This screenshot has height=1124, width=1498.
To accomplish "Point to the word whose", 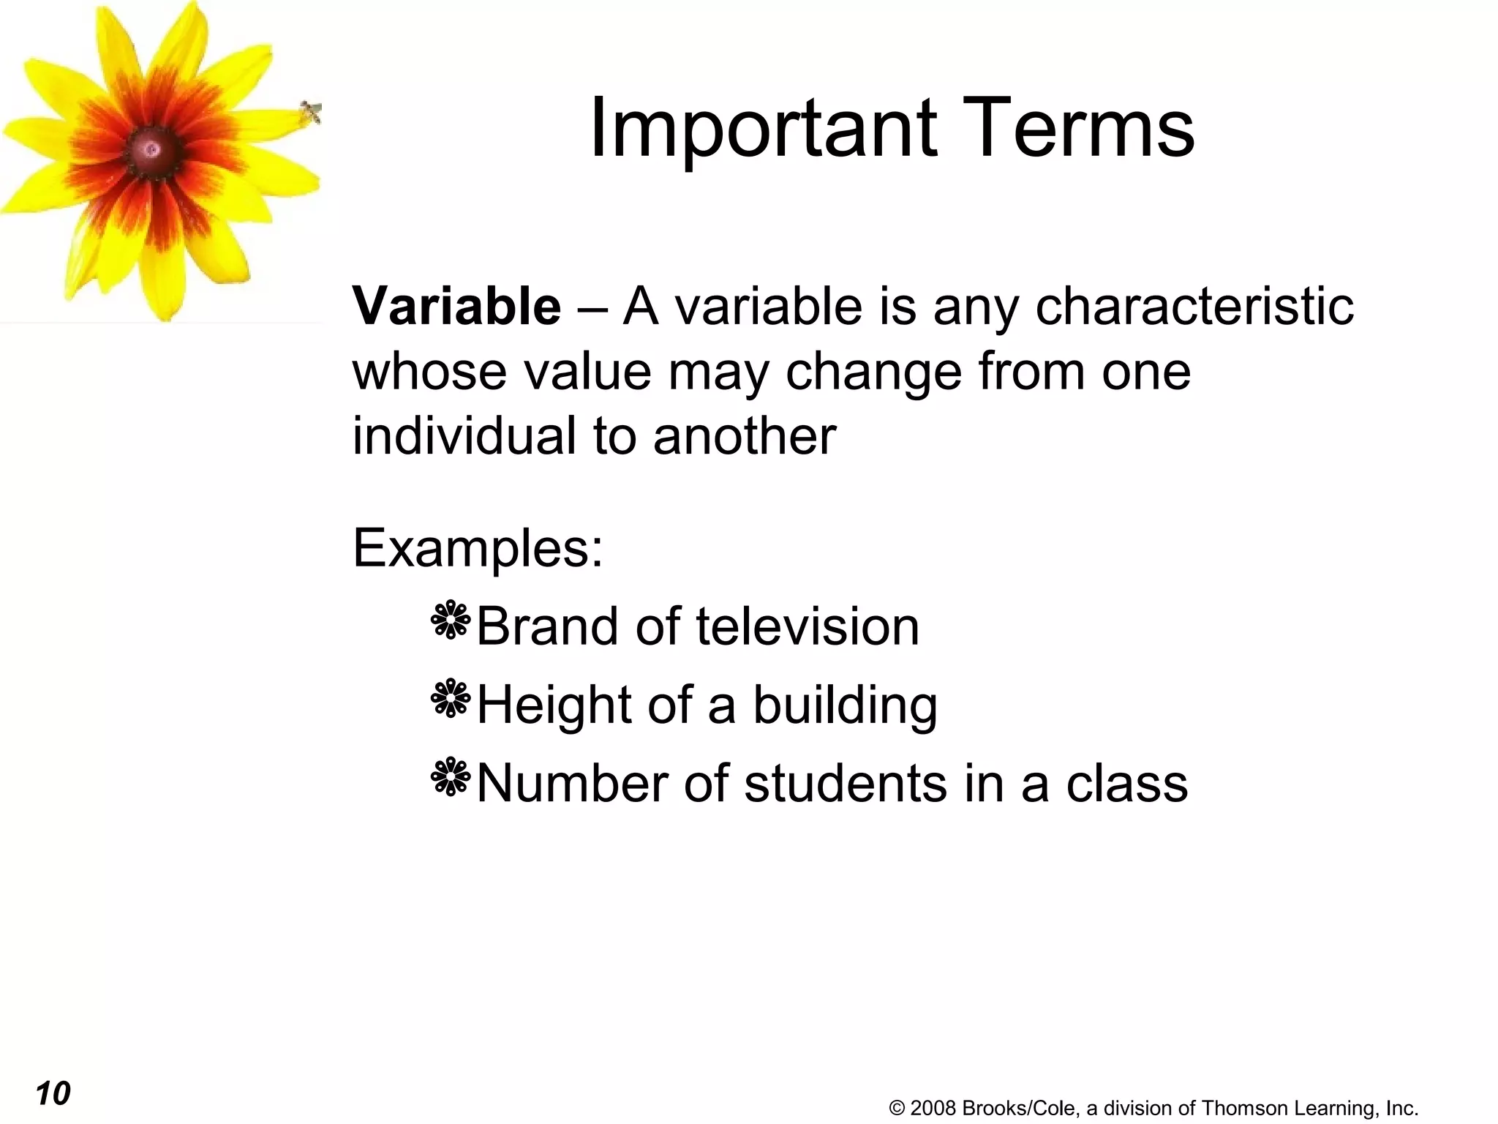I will point(429,372).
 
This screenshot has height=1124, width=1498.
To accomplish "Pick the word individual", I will point(464,436).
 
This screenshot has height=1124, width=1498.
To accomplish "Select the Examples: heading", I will point(478,548).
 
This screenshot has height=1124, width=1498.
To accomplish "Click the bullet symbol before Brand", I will point(451,621).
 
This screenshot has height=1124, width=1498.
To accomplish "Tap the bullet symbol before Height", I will point(451,698).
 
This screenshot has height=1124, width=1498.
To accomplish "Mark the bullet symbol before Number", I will point(451,776).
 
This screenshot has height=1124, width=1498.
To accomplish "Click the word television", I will point(807,627).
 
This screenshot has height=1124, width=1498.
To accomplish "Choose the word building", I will point(845,706).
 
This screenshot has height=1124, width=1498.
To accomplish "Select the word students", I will point(847,784).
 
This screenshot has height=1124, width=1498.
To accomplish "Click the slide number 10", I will point(53,1093).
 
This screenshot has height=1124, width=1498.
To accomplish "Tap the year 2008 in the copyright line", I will point(933,1109).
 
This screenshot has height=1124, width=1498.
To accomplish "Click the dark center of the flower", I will point(152,150).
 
